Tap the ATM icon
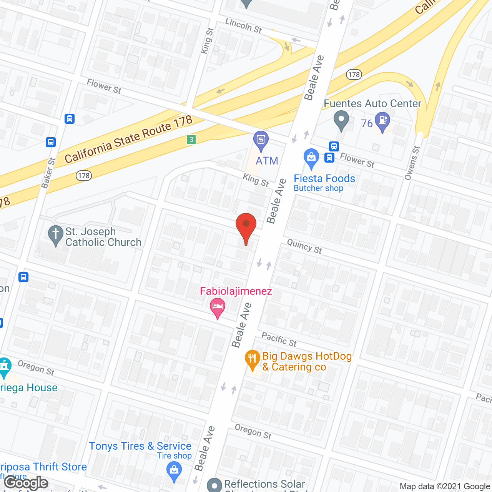click(261, 141)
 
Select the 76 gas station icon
click(382, 121)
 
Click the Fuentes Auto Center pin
click(341, 120)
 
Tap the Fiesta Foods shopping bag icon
click(311, 158)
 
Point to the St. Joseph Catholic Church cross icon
click(56, 235)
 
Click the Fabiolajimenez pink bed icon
click(218, 308)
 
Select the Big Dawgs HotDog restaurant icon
click(252, 359)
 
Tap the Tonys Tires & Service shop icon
click(174, 471)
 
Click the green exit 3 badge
click(191, 140)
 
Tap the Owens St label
click(412, 163)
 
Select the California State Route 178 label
click(128, 139)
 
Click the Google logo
click(26, 483)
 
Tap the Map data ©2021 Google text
click(445, 486)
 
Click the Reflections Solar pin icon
click(214, 485)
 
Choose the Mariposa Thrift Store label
click(43, 467)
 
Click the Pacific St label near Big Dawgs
click(279, 339)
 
